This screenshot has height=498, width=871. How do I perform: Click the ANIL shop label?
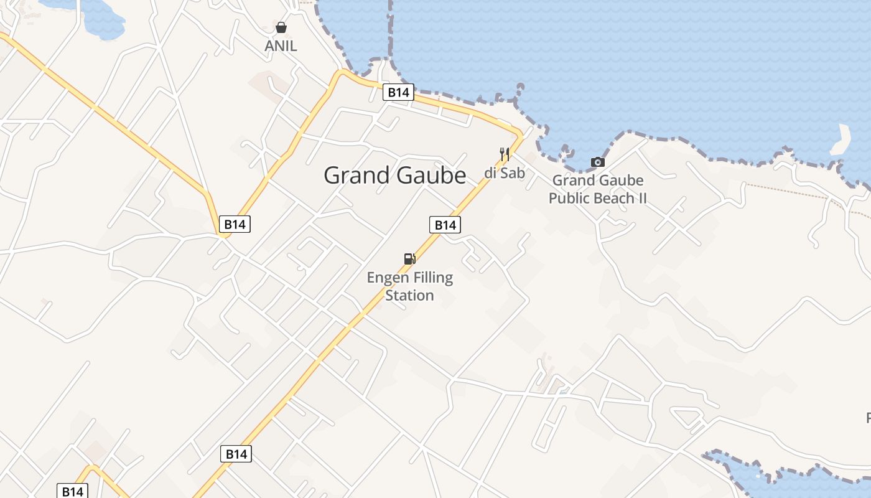[281, 46]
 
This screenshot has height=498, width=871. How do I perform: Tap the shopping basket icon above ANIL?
[281, 27]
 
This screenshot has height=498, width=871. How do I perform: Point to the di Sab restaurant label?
[505, 173]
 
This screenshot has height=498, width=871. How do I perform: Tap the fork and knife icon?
[505, 154]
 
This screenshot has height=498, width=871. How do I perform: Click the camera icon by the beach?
[597, 162]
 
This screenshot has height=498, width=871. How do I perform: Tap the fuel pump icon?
[409, 259]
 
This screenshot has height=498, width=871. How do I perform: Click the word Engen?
[387, 278]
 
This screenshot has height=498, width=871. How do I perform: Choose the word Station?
[409, 295]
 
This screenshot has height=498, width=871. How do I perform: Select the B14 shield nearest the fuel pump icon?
[445, 225]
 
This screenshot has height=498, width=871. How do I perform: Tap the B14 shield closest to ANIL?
[398, 93]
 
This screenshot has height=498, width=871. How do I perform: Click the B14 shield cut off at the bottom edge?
[72, 491]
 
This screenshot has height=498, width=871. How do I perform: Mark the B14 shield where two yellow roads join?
[235, 224]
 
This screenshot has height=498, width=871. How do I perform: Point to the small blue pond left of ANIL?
[103, 19]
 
